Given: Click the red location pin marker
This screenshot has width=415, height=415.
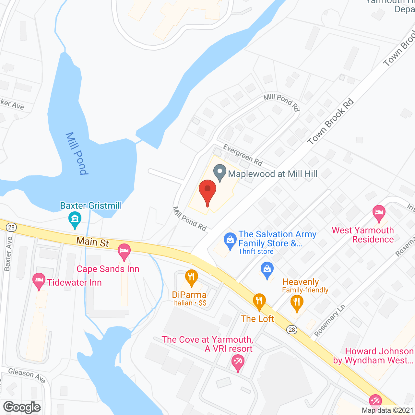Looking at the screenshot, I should (x=207, y=191).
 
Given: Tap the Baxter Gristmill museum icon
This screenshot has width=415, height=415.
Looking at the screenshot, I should (x=75, y=219).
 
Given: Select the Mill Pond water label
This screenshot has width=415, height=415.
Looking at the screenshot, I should (x=77, y=153).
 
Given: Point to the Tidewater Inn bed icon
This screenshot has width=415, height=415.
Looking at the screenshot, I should (x=39, y=281).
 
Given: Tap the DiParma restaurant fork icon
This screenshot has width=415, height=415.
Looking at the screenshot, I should (x=192, y=277).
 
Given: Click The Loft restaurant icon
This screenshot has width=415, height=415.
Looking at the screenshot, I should (x=259, y=301).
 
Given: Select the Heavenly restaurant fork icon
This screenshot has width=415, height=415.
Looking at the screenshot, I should (x=297, y=302).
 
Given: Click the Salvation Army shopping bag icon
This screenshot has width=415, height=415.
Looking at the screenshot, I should (x=230, y=241).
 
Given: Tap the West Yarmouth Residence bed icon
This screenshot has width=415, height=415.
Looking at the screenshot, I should (x=379, y=213).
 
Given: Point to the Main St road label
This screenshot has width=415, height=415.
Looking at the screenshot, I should (x=92, y=242).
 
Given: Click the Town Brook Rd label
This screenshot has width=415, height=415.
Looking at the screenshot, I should (x=330, y=122).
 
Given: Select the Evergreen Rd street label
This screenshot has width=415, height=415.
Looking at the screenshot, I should (x=243, y=155).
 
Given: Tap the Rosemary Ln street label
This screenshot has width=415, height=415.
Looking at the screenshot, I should (x=330, y=320).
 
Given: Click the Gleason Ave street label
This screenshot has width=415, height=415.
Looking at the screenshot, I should (x=27, y=375).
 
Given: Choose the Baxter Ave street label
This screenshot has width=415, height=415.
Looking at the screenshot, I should (x=8, y=254).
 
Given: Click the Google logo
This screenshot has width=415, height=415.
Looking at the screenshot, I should (x=22, y=407).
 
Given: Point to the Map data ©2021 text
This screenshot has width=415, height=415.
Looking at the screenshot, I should (x=387, y=410).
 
